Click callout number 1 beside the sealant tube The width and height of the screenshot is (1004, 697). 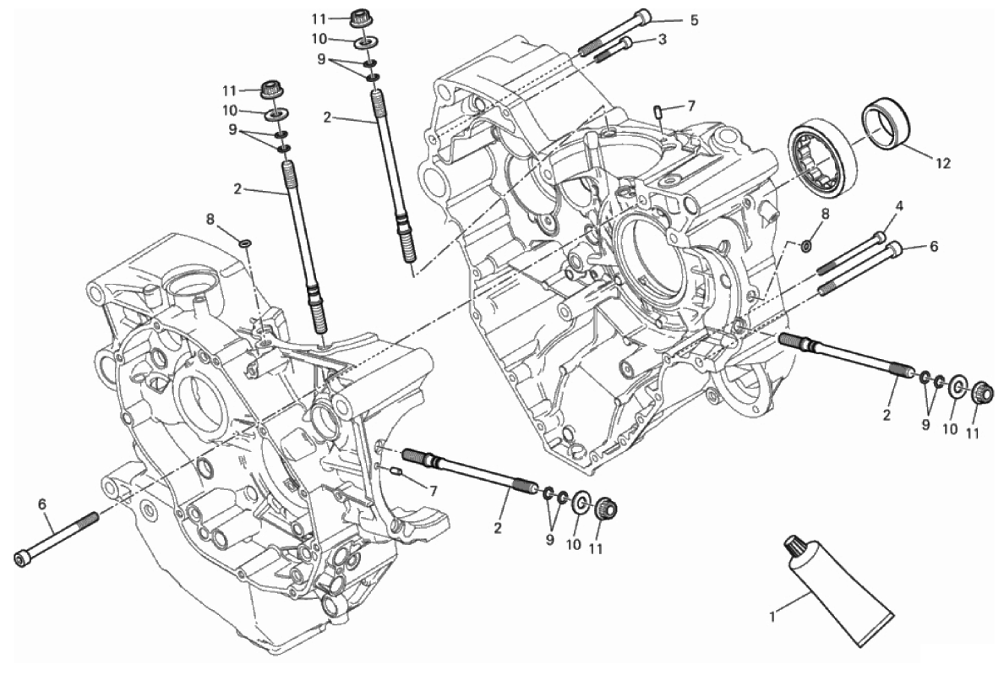[772, 618]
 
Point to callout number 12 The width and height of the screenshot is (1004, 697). [942, 163]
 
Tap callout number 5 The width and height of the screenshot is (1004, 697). [694, 20]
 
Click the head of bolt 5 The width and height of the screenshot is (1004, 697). [642, 16]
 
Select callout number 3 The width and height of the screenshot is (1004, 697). [662, 39]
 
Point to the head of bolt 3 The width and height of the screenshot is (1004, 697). [625, 41]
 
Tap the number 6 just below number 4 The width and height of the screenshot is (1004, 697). [933, 248]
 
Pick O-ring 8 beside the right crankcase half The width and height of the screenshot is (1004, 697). [805, 246]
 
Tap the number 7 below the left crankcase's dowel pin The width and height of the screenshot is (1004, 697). [433, 491]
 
